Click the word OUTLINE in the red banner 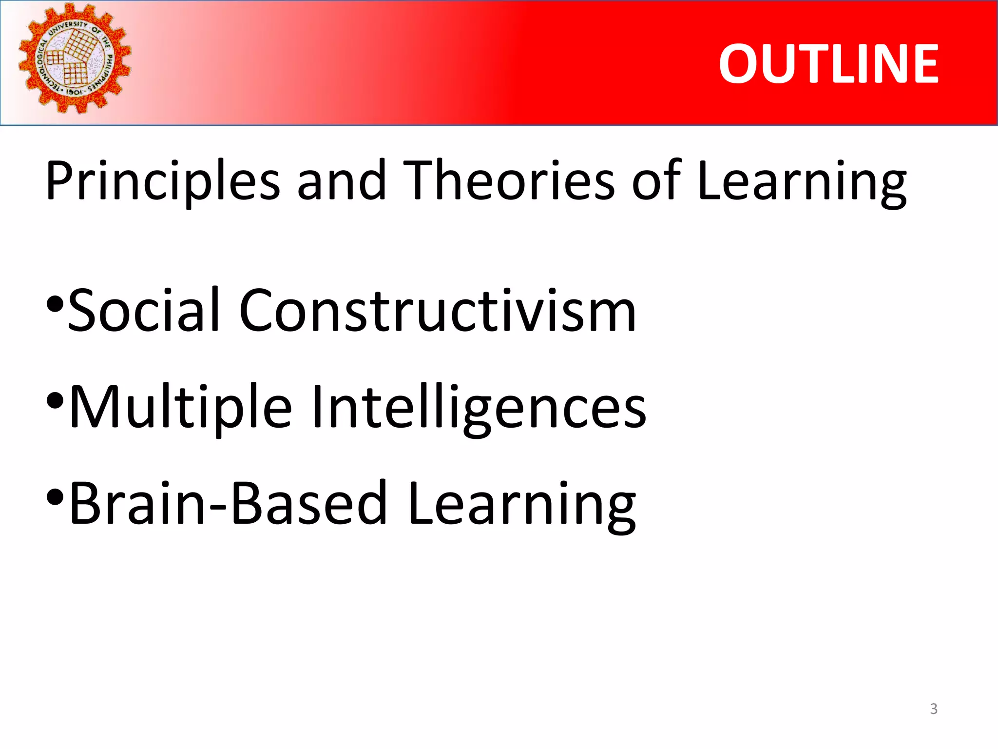click(828, 64)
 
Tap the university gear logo click(75, 59)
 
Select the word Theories click(509, 180)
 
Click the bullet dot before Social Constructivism click(55, 305)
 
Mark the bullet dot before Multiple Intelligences click(55, 401)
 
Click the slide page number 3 click(934, 709)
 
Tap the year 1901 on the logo click(74, 92)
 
